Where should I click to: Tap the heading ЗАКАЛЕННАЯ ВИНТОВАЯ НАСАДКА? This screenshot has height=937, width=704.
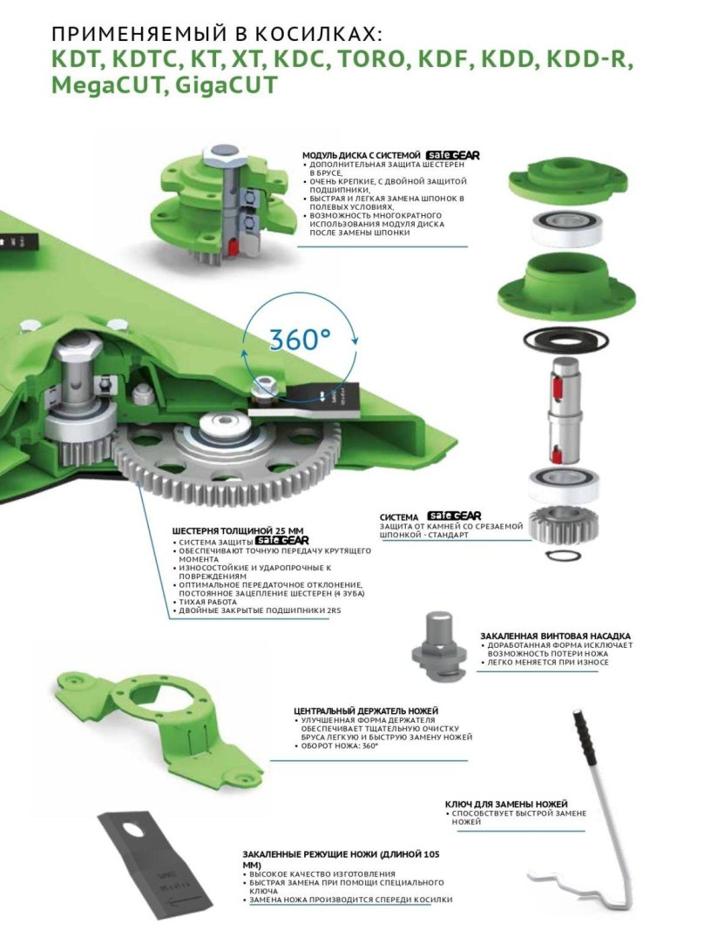(x=555, y=636)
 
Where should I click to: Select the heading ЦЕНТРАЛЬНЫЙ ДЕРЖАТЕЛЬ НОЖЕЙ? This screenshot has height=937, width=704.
(x=366, y=711)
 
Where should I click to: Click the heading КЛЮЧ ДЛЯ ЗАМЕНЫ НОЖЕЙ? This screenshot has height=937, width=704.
(x=506, y=803)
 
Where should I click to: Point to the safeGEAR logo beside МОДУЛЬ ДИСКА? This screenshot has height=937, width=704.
(x=453, y=154)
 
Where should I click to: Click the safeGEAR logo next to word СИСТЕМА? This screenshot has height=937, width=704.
(x=453, y=516)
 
